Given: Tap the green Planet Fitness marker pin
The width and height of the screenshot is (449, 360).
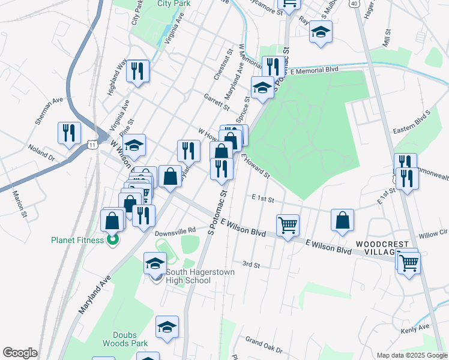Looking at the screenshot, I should coord(112,241).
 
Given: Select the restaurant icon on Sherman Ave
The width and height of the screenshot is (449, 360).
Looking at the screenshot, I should coord(68,132).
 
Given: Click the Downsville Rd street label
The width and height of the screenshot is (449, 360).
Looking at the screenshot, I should coord(175,230).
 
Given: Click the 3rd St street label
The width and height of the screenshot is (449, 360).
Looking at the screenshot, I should coord(250,264).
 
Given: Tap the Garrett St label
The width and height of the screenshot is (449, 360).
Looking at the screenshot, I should coord(217,102).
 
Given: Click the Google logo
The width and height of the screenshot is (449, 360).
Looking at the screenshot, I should coord(20,353).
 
